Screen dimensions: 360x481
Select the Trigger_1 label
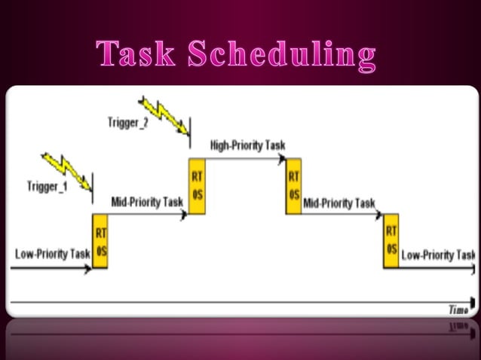coord(47,185)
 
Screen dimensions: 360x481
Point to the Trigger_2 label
coord(127,123)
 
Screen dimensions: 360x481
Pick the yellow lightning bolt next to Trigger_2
coord(164,111)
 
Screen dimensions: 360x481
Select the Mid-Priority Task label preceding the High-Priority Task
coord(147,202)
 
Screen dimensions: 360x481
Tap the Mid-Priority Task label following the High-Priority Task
coord(339,203)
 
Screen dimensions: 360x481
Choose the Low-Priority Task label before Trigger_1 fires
coord(53,254)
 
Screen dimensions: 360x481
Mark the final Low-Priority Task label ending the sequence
coord(438,255)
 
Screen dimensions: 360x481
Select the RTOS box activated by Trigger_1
coord(100,242)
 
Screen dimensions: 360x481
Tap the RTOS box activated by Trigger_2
coord(197,186)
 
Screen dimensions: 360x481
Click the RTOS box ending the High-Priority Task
coord(294,186)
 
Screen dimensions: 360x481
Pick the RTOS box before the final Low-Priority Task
coord(391,242)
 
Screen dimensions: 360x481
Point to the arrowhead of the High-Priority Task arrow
coord(283,158)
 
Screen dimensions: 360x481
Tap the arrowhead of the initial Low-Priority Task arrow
coord(87,269)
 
